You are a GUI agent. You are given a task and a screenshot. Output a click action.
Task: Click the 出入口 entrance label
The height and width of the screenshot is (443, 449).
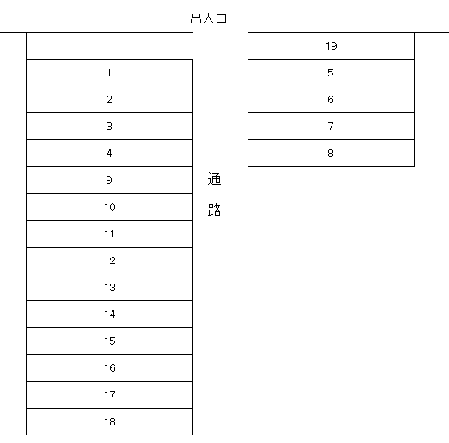pyautogui.click(x=208, y=18)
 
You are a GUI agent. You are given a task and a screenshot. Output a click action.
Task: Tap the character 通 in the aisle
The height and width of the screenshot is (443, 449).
pyautogui.click(x=214, y=179)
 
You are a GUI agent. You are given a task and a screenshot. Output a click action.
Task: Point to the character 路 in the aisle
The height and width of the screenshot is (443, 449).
pyautogui.click(x=214, y=209)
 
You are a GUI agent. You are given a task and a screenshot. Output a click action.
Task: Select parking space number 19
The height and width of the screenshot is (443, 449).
pyautogui.click(x=331, y=46)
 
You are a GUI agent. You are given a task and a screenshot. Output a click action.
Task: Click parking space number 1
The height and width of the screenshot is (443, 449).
pyautogui.click(x=109, y=72)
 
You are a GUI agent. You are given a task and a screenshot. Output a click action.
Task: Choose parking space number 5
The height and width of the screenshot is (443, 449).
pyautogui.click(x=331, y=72)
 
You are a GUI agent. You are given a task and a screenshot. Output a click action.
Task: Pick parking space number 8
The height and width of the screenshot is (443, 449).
pyautogui.click(x=331, y=154)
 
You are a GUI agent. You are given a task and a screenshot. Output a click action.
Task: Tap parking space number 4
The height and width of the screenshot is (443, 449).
pyautogui.click(x=109, y=154)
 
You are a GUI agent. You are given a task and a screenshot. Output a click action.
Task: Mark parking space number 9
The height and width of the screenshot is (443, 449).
pyautogui.click(x=109, y=180)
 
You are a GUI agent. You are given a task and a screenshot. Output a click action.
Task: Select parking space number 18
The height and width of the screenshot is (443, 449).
pyautogui.click(x=109, y=421)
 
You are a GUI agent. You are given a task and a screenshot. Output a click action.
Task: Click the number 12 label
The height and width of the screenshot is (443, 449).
pyautogui.click(x=110, y=261)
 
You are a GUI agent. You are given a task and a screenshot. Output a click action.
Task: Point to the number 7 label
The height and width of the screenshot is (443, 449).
pyautogui.click(x=331, y=127)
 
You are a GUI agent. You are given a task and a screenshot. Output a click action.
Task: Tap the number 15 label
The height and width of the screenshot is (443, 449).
pyautogui.click(x=110, y=341)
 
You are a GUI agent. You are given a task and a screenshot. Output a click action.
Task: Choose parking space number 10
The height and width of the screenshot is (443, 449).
pyautogui.click(x=109, y=206)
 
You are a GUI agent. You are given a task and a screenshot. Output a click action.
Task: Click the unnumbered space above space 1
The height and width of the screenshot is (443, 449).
pyautogui.click(x=109, y=46)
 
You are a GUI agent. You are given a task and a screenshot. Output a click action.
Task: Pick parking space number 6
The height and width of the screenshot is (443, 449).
pyautogui.click(x=331, y=99)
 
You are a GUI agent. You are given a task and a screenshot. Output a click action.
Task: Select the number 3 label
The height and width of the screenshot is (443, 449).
pyautogui.click(x=109, y=127)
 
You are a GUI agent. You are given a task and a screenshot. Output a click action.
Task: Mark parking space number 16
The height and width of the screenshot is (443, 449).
pyautogui.click(x=109, y=368)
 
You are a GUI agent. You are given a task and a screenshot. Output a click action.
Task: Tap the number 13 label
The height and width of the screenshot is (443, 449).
pyautogui.click(x=110, y=288)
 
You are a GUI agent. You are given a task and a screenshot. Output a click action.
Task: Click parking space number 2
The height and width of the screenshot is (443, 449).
pyautogui.click(x=109, y=99)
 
